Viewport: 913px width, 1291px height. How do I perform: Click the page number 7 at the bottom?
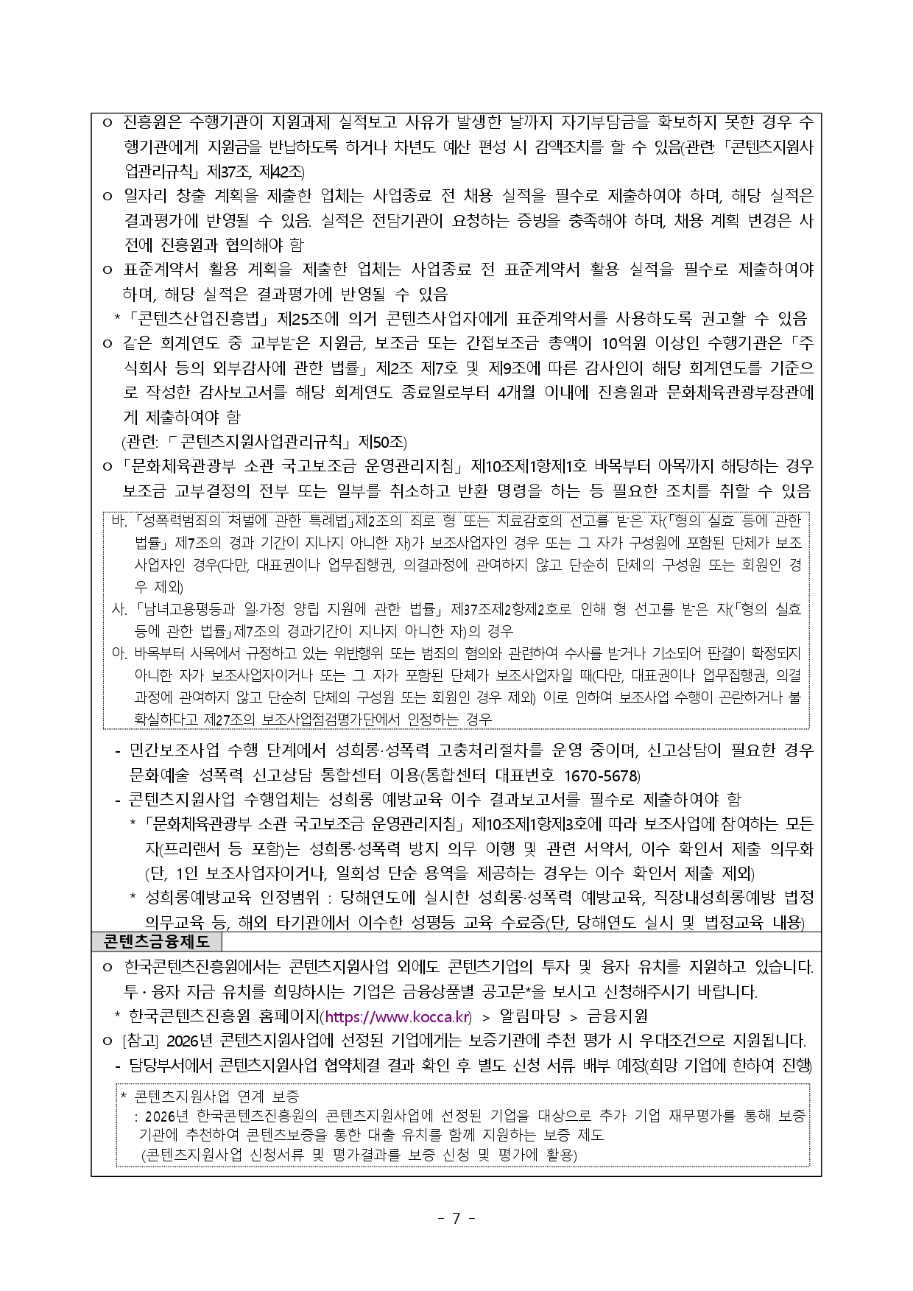(456, 1218)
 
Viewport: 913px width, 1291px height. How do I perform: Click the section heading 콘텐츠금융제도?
(156, 942)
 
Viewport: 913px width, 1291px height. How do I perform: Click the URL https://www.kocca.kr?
(397, 1017)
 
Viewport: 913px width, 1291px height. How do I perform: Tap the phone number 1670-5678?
(601, 775)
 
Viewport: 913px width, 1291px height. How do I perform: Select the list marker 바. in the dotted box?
(120, 521)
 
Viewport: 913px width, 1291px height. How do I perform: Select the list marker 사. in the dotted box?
(120, 609)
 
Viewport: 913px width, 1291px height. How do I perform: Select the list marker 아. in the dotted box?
(120, 653)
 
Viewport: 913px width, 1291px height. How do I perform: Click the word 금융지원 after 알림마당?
(617, 1017)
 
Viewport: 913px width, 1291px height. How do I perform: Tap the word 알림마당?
(529, 1017)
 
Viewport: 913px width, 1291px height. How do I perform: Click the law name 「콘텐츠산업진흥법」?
(195, 319)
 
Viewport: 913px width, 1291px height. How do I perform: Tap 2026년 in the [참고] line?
(190, 1041)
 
